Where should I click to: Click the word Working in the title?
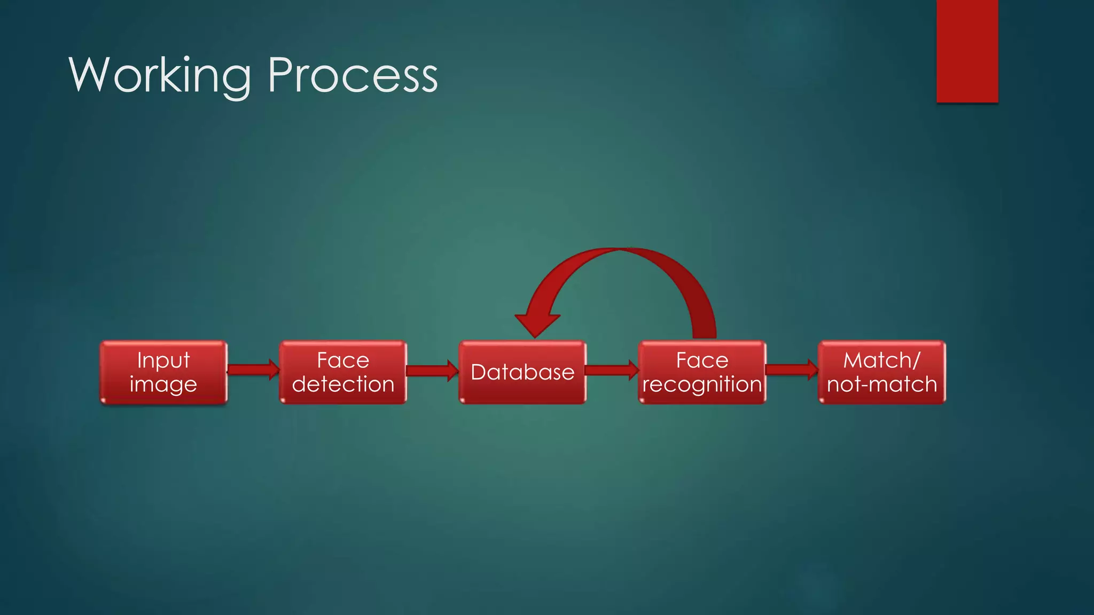coord(159,75)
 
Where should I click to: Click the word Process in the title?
coord(353,75)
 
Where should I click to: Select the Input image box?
coord(163,372)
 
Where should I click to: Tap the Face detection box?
coord(343,372)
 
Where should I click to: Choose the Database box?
coord(522,372)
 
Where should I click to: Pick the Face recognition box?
coord(702,372)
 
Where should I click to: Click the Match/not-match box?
coord(881,372)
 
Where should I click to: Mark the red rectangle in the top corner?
coord(967,51)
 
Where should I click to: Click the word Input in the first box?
coord(163,360)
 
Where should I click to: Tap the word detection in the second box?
coord(343,384)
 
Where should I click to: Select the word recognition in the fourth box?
coord(702,384)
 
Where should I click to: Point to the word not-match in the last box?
coord(881,384)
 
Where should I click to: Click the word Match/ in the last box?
coord(881,360)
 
